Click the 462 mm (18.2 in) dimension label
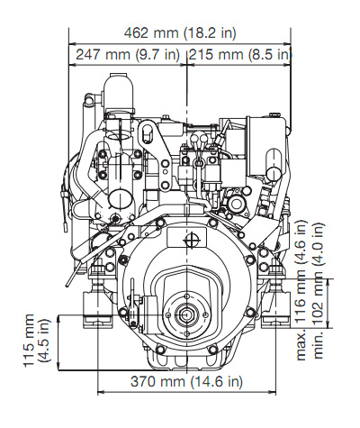tap(180, 32)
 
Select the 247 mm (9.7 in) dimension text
tap(128, 55)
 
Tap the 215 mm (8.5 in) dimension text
tap(240, 55)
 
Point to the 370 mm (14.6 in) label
tap(186, 381)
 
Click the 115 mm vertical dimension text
tap(29, 341)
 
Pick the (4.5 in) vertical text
tap(45, 341)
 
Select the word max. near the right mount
tap(301, 344)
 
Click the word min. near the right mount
tap(319, 345)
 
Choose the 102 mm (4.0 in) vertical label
tap(319, 274)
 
